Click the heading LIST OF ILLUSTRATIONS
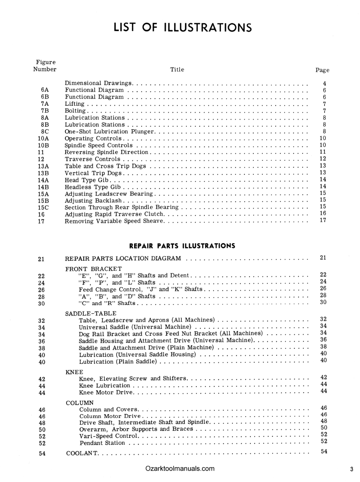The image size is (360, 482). coord(183,28)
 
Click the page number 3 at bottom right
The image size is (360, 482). coord(352,469)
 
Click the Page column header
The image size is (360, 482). coord(322,70)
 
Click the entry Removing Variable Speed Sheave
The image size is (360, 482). coord(114,220)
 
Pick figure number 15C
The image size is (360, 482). coord(43,207)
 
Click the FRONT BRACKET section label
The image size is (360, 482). coord(93,268)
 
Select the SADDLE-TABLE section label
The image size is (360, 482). coord(91,313)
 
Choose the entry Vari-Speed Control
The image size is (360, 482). coord(109,436)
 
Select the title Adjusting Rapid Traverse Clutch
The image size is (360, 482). coord(114,214)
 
